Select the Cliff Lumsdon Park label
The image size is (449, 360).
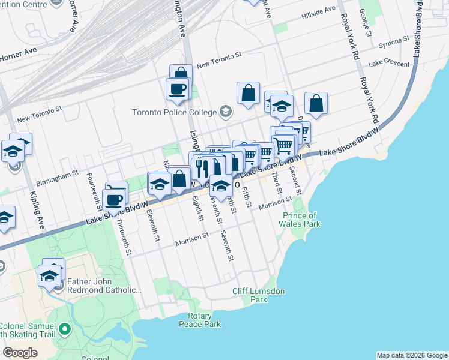pyautogui.click(x=258, y=295)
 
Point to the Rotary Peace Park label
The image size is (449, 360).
pyautogui.click(x=200, y=320)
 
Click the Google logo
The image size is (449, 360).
pyautogui.click(x=20, y=353)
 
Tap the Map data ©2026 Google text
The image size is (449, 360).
pyautogui.click(x=412, y=355)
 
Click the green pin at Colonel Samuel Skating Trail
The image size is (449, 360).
pyautogui.click(x=65, y=329)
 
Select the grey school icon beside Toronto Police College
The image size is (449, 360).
pyautogui.click(x=225, y=111)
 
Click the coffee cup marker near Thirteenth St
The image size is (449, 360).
pyautogui.click(x=113, y=200)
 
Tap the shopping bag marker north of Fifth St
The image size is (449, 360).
pyautogui.click(x=248, y=93)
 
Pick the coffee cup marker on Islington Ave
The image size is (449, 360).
pyautogui.click(x=178, y=89)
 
